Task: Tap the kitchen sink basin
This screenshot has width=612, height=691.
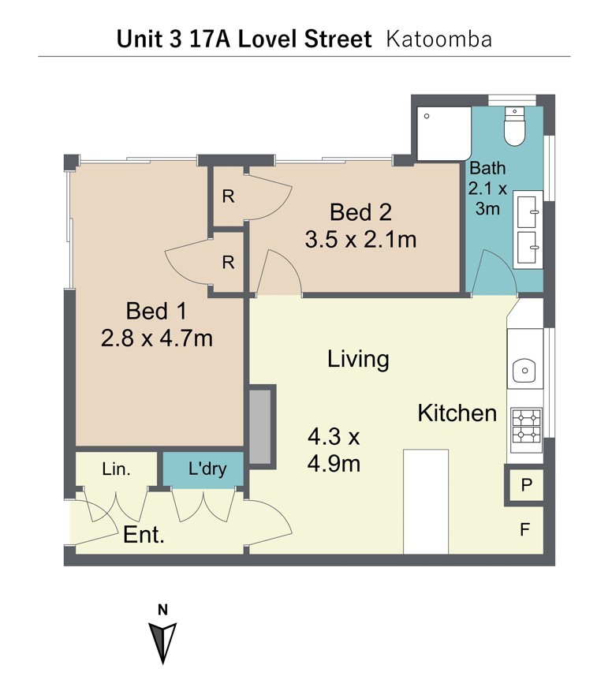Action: [x=524, y=370]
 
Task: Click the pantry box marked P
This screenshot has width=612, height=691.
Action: [x=526, y=486]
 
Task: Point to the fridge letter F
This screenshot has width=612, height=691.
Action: [x=524, y=529]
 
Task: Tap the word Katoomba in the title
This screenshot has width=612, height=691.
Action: [x=438, y=39]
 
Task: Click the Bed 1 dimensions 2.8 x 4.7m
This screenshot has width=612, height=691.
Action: [x=157, y=338]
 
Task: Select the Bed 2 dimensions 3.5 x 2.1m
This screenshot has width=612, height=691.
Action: [x=361, y=240]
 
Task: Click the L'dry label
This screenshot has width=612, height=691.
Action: [x=207, y=469]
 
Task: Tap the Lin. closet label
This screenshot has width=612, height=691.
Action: [x=116, y=469]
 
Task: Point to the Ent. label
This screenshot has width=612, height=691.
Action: [x=144, y=535]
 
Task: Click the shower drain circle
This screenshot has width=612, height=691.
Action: [x=427, y=116]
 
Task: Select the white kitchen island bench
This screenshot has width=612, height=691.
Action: [x=426, y=502]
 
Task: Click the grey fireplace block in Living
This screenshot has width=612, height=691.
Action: [x=260, y=427]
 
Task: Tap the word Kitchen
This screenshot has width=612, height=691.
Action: [x=457, y=413]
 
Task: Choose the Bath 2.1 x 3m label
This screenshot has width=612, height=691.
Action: [x=487, y=189]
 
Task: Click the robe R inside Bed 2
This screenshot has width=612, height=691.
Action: [x=228, y=196]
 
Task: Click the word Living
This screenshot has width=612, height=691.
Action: [x=358, y=359]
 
